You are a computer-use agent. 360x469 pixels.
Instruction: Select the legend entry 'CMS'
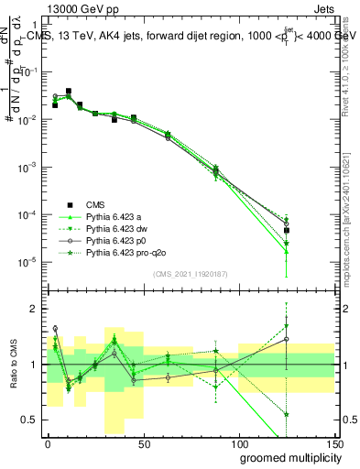point(95,204)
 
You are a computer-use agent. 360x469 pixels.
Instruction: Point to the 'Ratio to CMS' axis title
point(12,364)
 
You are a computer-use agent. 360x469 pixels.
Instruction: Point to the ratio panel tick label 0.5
point(31,420)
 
